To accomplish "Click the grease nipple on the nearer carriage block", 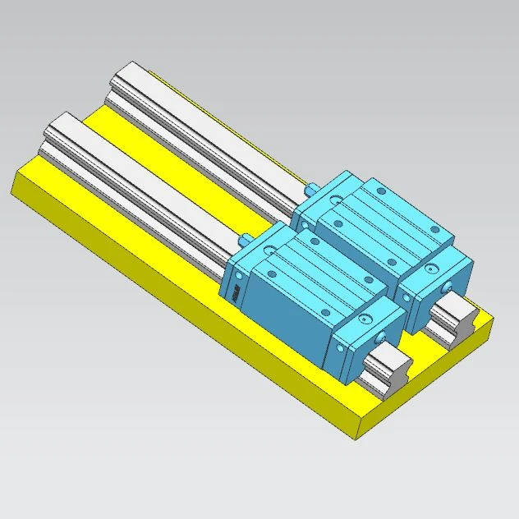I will (x=246, y=241).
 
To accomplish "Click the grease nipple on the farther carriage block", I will (x=312, y=188).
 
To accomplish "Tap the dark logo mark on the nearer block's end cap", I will (x=234, y=295).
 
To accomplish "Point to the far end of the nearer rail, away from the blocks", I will (x=59, y=123).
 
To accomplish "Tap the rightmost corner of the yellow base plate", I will (x=494, y=323).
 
